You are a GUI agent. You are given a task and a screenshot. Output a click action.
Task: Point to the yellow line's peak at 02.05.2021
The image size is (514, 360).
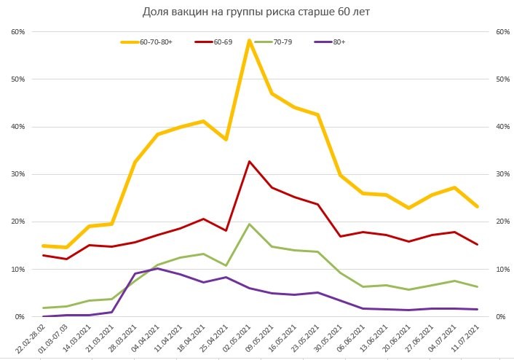click(249, 40)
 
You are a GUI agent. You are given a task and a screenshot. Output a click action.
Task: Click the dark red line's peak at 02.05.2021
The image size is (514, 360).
click(249, 161)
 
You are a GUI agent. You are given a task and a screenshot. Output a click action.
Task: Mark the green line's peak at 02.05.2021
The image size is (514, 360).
click(249, 224)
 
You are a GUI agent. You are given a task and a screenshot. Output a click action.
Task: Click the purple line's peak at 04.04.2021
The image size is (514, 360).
click(158, 268)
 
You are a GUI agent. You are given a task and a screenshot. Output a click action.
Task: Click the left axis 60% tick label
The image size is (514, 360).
click(18, 32)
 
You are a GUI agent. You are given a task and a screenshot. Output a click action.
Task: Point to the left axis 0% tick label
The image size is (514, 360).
click(20, 317)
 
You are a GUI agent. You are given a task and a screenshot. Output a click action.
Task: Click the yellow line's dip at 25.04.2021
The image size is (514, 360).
click(226, 139)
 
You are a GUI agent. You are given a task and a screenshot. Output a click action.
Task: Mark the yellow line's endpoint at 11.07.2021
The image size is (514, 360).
click(477, 207)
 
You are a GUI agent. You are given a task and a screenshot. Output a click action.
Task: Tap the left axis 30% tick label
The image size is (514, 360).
click(18, 174)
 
